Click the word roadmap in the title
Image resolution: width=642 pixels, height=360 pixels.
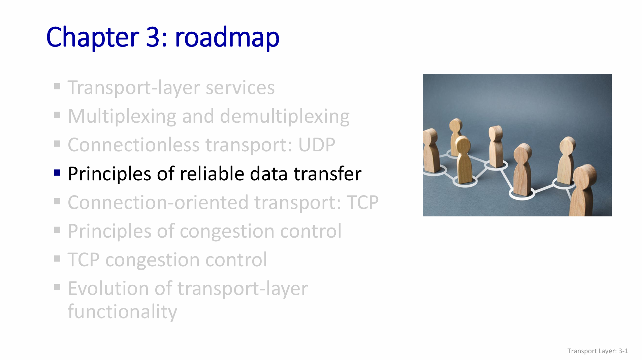pos(227,37)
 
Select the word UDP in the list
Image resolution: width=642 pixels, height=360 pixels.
pos(317,145)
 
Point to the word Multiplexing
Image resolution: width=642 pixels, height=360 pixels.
pos(122,117)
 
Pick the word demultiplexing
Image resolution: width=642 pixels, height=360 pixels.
pos(285,117)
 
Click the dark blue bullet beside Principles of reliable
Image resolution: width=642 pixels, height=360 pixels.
pos(57,173)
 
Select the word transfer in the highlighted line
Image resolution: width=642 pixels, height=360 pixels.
pos(327,174)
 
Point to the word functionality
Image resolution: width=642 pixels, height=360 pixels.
pos(122,312)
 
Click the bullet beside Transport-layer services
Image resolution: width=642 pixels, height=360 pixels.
pos(57,87)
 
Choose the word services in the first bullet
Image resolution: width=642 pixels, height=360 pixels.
pos(240,88)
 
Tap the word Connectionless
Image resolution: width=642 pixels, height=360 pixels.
pos(134,145)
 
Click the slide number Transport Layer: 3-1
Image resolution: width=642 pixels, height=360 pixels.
pos(598,351)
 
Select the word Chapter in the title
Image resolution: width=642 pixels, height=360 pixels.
pos(93,37)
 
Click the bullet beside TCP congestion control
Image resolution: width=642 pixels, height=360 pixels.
pos(57,259)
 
